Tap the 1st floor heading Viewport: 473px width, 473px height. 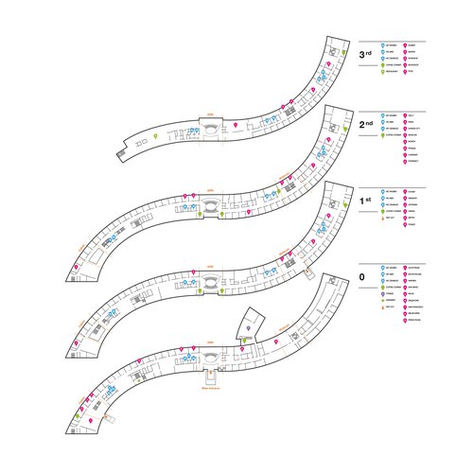pyautogui.click(x=365, y=201)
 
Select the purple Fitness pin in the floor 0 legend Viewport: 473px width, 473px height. pyautogui.click(x=383, y=293)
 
